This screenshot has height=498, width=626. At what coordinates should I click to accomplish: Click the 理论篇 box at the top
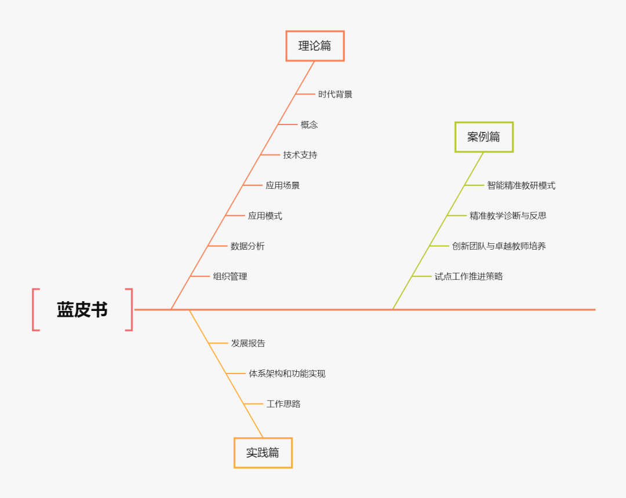click(x=315, y=46)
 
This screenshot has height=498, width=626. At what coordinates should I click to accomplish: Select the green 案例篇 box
click(x=484, y=137)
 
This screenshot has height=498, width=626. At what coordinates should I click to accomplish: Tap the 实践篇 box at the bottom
click(x=263, y=453)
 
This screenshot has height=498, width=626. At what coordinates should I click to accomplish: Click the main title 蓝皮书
click(x=82, y=310)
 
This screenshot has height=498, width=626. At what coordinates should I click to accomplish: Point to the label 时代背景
click(x=335, y=94)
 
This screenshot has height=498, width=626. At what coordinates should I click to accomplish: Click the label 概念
click(x=309, y=124)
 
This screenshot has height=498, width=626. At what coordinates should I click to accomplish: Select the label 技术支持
click(x=300, y=155)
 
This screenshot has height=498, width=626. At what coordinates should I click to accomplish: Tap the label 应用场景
click(x=283, y=185)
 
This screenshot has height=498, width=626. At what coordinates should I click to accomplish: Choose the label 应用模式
click(x=265, y=216)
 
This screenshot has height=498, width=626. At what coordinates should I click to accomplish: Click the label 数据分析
click(x=248, y=246)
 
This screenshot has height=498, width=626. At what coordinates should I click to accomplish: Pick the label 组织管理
click(x=230, y=277)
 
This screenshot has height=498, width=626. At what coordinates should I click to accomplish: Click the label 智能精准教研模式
click(x=521, y=185)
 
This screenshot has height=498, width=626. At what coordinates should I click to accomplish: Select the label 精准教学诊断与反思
click(x=508, y=216)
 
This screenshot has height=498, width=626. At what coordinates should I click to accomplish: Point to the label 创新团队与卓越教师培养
click(x=499, y=246)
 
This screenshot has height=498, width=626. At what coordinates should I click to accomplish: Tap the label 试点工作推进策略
click(x=469, y=277)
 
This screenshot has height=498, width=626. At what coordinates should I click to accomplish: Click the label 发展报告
click(x=248, y=343)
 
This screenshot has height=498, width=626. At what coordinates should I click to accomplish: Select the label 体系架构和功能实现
click(x=287, y=373)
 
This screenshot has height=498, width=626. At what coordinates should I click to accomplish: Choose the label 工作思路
click(x=283, y=404)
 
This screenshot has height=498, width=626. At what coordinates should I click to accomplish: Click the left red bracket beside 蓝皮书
click(x=35, y=310)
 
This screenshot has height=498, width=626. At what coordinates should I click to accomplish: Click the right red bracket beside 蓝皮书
click(x=130, y=310)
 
